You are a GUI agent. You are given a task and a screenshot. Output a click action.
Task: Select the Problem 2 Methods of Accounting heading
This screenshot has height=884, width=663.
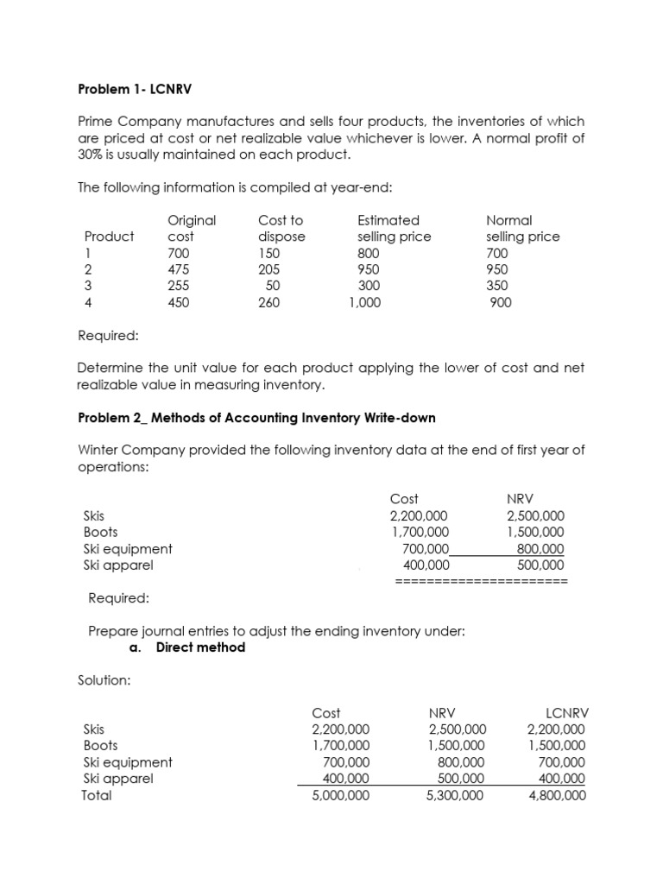pyautogui.click(x=256, y=418)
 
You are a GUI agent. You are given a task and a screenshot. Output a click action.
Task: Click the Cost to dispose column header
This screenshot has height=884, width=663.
pyautogui.click(x=281, y=228)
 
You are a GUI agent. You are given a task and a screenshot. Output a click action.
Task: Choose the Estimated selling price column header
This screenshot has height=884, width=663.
pyautogui.click(x=394, y=228)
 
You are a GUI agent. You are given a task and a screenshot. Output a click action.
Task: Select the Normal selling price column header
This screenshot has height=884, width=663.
pyautogui.click(x=522, y=228)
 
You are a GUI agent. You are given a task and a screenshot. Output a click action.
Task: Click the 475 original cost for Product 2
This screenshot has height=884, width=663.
pyautogui.click(x=179, y=269)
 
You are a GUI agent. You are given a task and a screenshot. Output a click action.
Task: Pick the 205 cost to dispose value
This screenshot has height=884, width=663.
pyautogui.click(x=269, y=269)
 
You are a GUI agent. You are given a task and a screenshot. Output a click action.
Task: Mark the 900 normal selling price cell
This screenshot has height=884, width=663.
pyautogui.click(x=500, y=302)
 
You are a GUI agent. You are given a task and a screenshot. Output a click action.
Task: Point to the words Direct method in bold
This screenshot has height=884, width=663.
pyautogui.click(x=200, y=647)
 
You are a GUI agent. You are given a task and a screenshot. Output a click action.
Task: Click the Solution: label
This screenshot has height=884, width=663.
pyautogui.click(x=104, y=680)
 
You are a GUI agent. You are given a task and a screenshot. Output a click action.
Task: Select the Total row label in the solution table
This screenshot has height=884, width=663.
pyautogui.click(x=96, y=795)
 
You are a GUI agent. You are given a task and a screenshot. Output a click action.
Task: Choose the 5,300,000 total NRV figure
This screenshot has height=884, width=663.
pyautogui.click(x=455, y=795)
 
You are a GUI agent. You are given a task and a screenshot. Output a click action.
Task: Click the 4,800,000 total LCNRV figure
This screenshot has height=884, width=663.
pyautogui.click(x=557, y=795)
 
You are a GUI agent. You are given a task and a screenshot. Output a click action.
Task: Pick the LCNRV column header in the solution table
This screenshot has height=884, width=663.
pyautogui.click(x=568, y=713)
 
